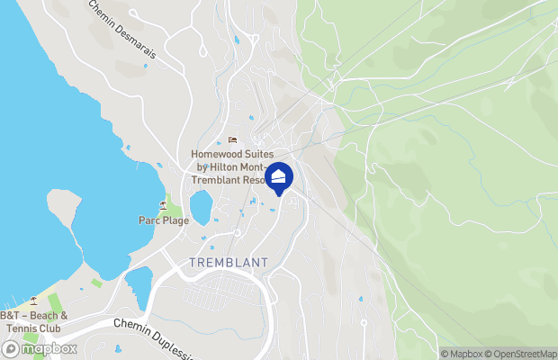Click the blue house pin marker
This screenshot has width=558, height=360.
click(280, 177)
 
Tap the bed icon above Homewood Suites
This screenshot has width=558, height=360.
click(232, 140)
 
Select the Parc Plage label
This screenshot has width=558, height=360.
click(162, 220)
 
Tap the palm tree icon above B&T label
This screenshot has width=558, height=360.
click(34, 301)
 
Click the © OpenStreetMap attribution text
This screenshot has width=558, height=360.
click(523, 354)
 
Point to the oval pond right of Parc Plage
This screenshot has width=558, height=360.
click(201, 207)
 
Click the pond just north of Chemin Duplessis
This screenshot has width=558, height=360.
click(138, 287)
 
